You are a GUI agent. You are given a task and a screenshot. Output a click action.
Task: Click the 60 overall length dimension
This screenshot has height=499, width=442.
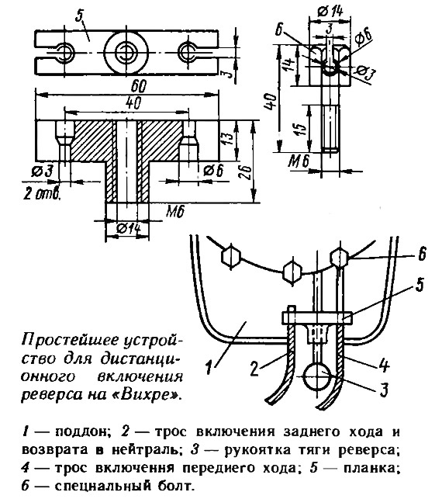coord(139,87)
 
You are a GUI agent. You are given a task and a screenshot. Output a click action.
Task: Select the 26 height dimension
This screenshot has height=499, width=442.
coord(248,173)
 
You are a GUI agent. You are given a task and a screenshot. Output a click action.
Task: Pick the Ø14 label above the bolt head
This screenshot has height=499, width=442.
coord(330,12)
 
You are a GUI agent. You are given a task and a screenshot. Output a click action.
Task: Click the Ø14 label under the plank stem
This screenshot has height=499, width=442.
coord(128,228)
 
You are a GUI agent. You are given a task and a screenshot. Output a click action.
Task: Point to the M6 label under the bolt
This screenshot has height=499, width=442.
coord(299,161)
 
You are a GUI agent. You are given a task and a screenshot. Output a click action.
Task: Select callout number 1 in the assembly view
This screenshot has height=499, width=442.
coord(209,367)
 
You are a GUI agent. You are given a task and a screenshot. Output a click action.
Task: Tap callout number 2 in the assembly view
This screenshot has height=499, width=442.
coord(254,369)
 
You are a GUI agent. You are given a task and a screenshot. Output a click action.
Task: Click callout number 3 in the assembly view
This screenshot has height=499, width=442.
coord(384,389)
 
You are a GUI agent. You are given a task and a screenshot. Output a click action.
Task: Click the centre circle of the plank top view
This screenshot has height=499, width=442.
coord(126,52)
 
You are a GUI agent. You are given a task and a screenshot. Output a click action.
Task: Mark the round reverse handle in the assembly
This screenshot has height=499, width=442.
coord(318,376)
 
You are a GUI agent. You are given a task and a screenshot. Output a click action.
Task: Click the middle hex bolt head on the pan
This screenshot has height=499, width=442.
coord(292,272)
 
